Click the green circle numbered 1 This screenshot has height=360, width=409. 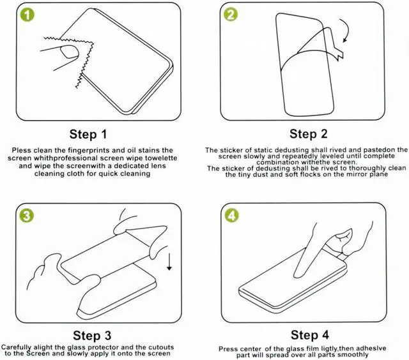tap(27, 15)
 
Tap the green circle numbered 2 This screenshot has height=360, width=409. tap(231, 14)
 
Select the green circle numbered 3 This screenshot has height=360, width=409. tap(26, 216)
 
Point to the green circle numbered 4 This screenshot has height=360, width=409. tap(231, 215)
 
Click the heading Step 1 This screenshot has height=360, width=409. tap(88, 135)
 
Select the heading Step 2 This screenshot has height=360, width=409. tap(308, 134)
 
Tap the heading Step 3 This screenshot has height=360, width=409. tap(92, 336)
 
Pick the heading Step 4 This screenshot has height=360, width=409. tap(309, 335)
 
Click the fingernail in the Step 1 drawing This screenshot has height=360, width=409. tap(69, 52)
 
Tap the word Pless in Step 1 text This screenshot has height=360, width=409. tap(21, 150)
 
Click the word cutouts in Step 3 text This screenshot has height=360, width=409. tap(161, 347)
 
